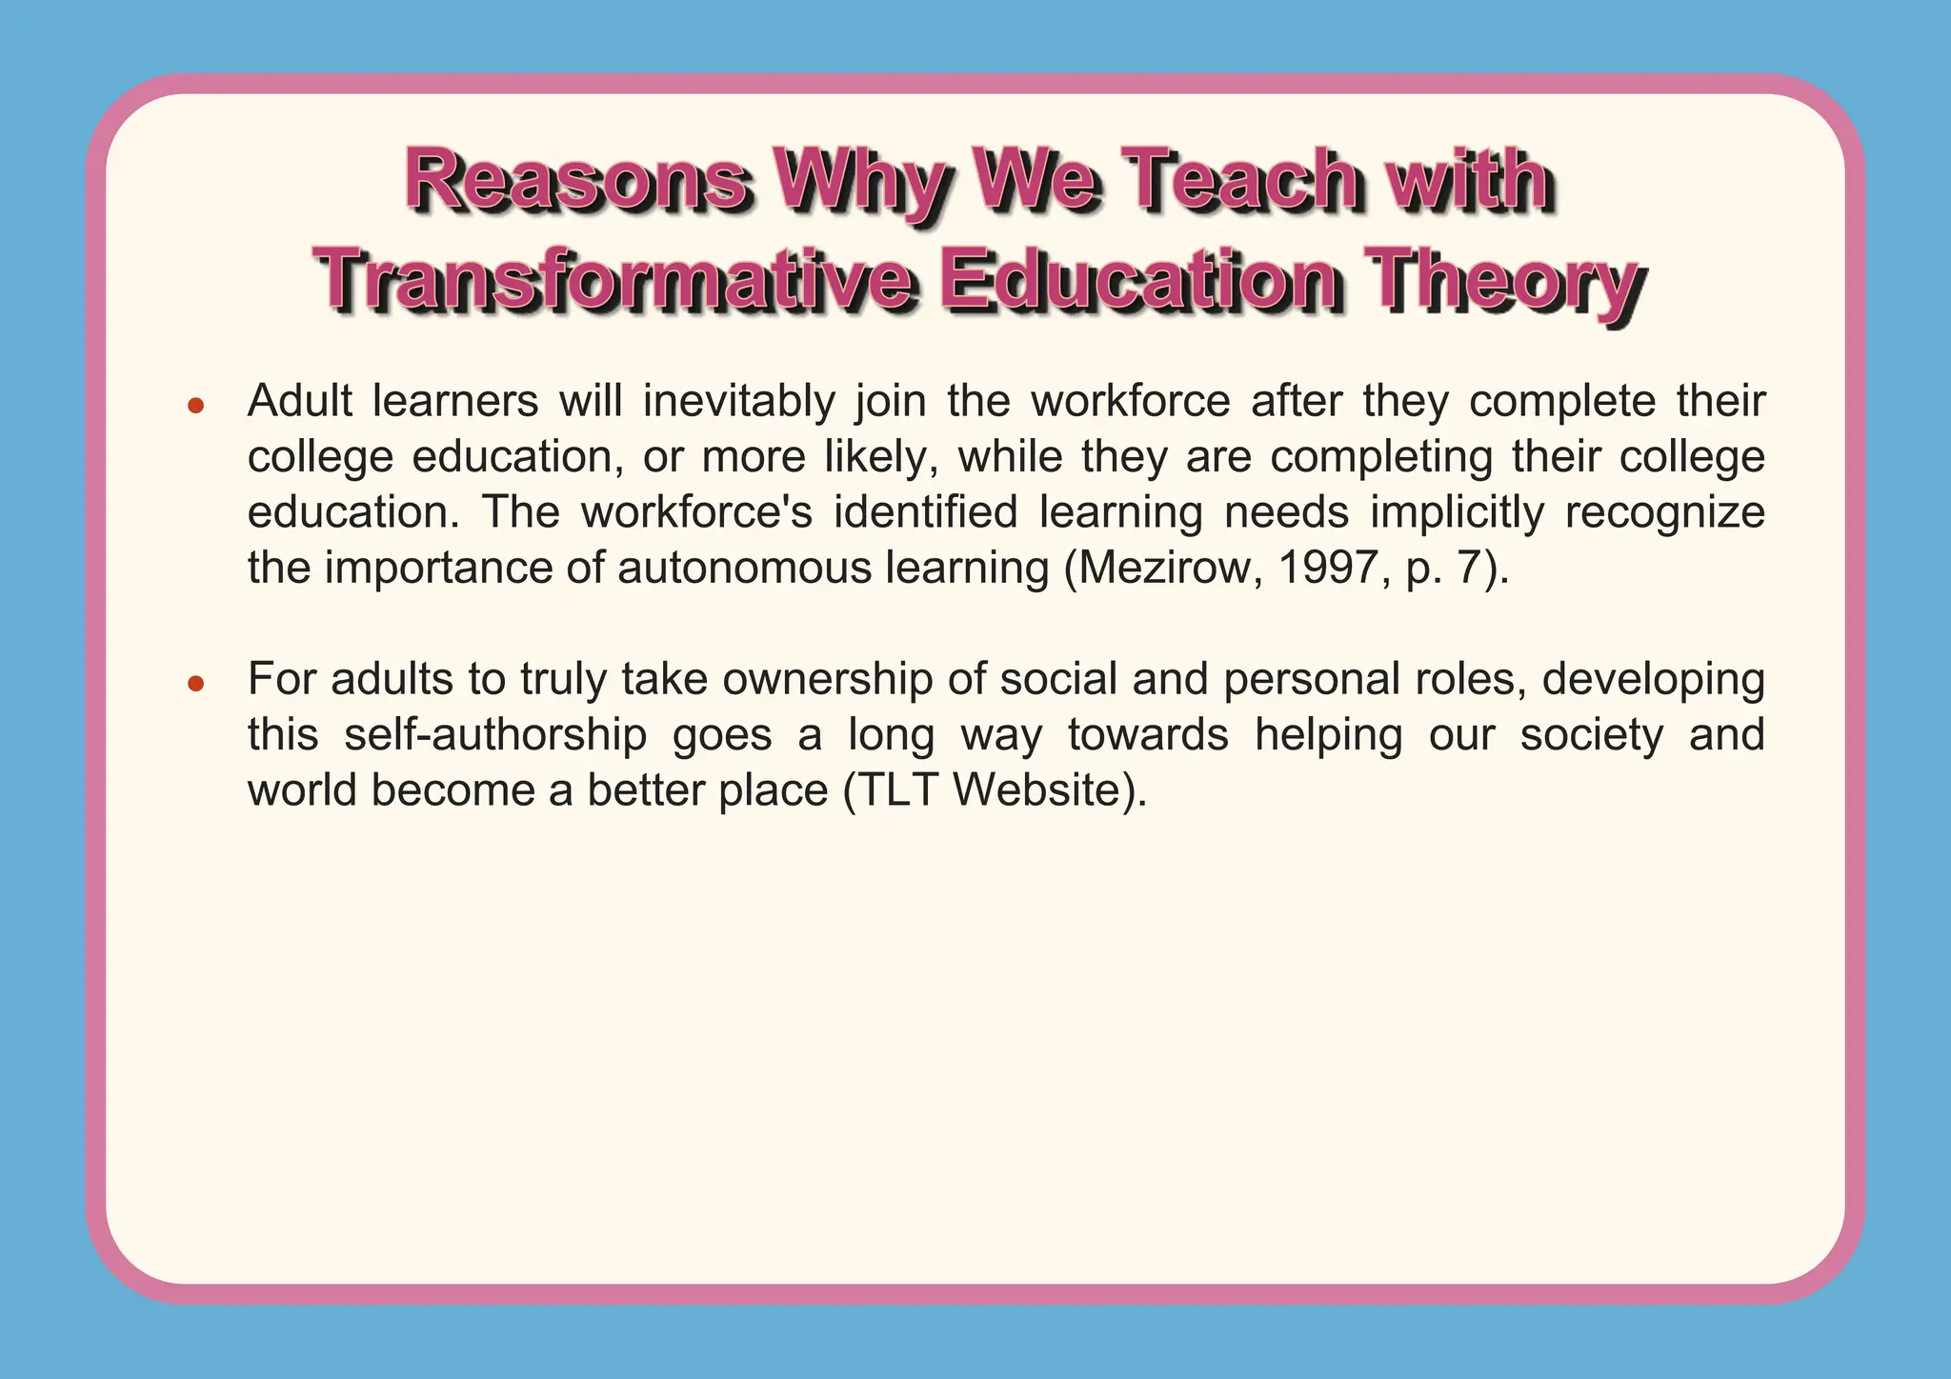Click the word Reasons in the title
[575, 181]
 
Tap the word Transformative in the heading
[616, 281]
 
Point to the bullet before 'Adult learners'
[196, 406]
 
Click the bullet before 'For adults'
[196, 683]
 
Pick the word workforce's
[696, 512]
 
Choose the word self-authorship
[495, 735]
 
